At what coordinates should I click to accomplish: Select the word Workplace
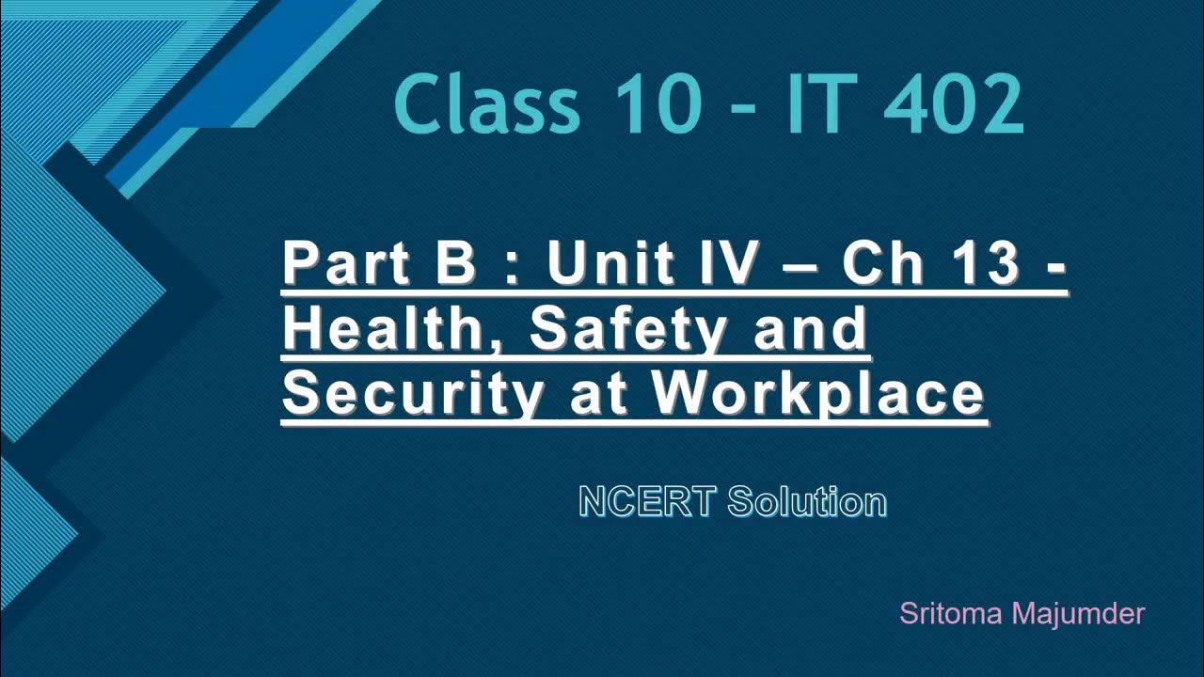coord(818,395)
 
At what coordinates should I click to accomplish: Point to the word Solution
coord(807,502)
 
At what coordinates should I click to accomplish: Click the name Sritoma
coord(951,614)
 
